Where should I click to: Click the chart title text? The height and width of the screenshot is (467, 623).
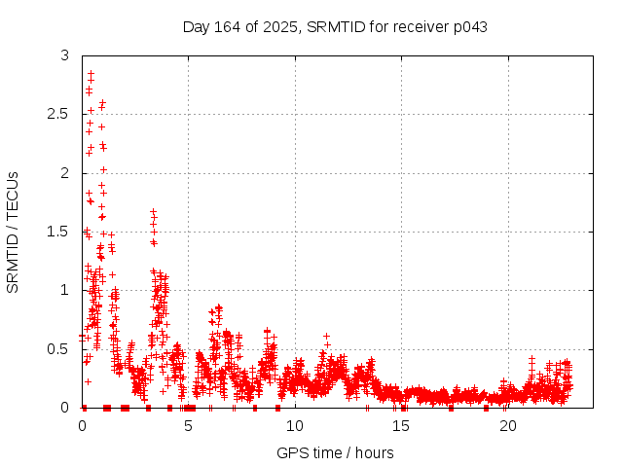[335, 26]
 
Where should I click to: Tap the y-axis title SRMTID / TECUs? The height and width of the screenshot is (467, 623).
[14, 232]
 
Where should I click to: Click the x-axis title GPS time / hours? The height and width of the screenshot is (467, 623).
[335, 452]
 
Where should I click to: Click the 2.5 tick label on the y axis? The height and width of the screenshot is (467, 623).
[60, 115]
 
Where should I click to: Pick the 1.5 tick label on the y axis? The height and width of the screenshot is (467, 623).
[60, 232]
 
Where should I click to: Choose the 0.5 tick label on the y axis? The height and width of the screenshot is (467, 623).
[60, 348]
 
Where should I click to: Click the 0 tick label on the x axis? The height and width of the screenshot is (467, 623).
[82, 426]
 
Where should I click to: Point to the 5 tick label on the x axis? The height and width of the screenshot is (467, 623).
[188, 426]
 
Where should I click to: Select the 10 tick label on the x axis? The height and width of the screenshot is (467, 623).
[295, 426]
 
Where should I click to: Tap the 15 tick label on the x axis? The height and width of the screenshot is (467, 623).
[401, 426]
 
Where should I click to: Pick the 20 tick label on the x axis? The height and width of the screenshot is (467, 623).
[507, 426]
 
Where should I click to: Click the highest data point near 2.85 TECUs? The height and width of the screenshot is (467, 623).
[91, 73]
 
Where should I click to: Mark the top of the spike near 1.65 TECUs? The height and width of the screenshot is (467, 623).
[153, 211]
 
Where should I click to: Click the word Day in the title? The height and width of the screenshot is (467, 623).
[196, 26]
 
